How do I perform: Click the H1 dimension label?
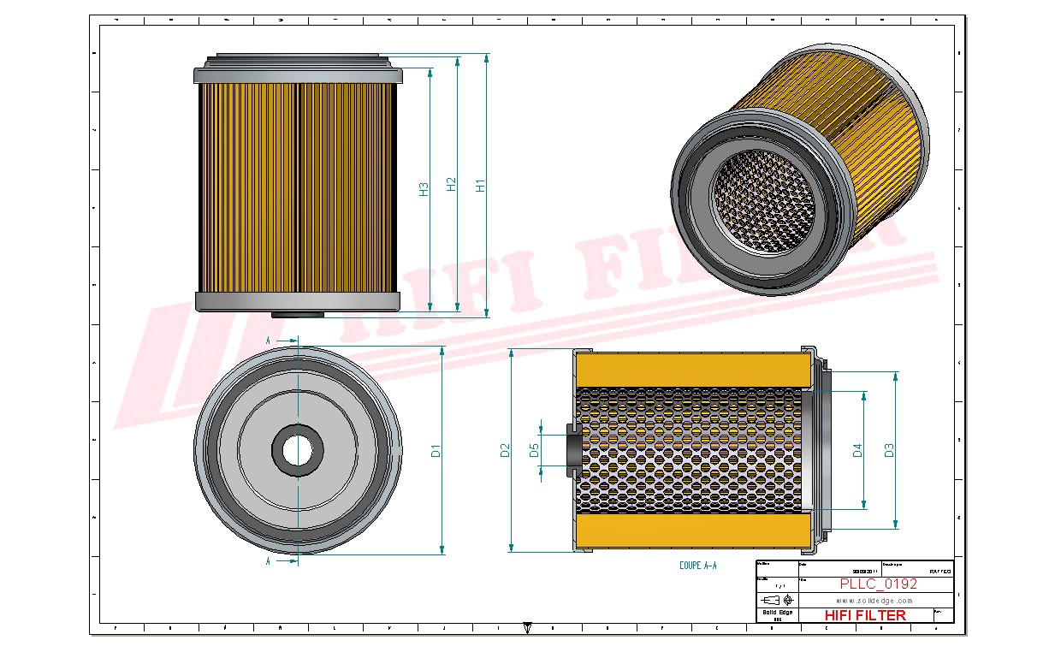tap(481, 184)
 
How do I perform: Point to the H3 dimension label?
tap(424, 189)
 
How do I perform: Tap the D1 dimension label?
tap(436, 450)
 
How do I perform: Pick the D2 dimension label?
tap(505, 450)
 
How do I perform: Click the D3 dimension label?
tap(889, 450)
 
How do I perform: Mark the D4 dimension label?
tap(857, 450)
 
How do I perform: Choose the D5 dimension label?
tap(535, 450)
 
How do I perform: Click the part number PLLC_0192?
tap(878, 584)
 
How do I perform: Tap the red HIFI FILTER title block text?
tap(864, 615)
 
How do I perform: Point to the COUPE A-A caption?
tap(696, 566)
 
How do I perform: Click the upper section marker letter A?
tap(268, 341)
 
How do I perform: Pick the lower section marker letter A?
tap(268, 561)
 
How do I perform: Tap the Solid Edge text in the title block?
tap(777, 612)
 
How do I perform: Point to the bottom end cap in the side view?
tap(298, 301)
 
